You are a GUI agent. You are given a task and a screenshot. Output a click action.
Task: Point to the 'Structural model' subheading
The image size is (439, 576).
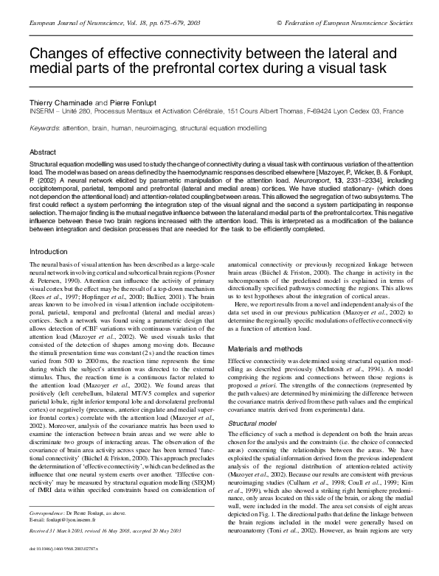(252, 404)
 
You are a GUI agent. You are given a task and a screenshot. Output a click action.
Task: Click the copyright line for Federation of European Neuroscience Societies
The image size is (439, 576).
(343, 24)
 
